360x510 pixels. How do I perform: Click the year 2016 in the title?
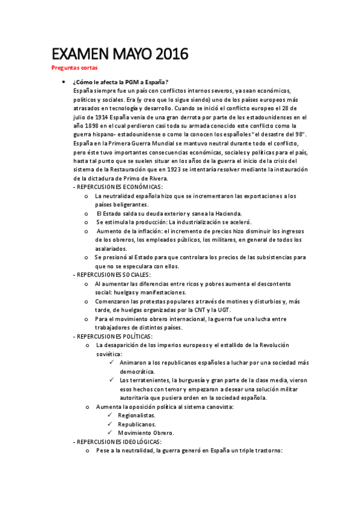(x=166, y=55)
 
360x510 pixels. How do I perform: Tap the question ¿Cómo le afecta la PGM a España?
(x=120, y=82)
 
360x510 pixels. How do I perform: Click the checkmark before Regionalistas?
(x=111, y=416)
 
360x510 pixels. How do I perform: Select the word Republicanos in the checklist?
(x=136, y=424)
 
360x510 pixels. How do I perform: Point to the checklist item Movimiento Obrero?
(x=146, y=433)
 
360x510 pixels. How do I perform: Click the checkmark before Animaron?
(x=114, y=363)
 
